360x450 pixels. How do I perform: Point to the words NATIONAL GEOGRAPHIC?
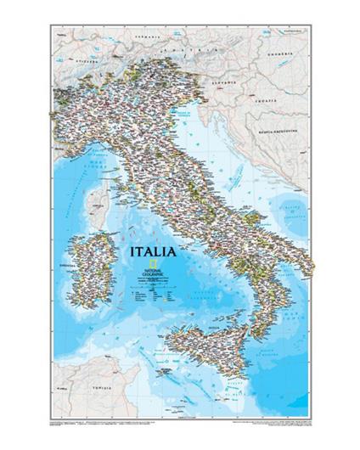tap(153, 275)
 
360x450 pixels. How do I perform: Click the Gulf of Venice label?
tap(188, 111)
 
